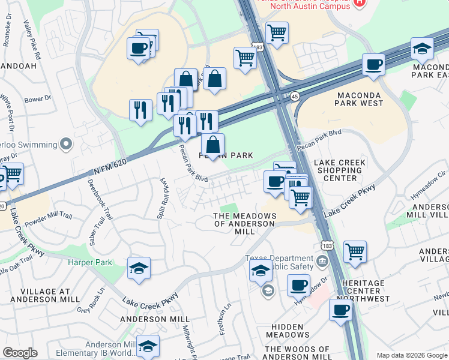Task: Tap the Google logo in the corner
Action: [x=19, y=353]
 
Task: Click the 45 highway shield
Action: [x=295, y=95]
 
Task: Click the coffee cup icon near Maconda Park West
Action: [x=373, y=64]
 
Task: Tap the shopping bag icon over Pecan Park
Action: [x=212, y=144]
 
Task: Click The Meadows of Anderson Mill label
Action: [x=244, y=224]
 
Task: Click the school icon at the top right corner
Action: [x=422, y=49]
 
